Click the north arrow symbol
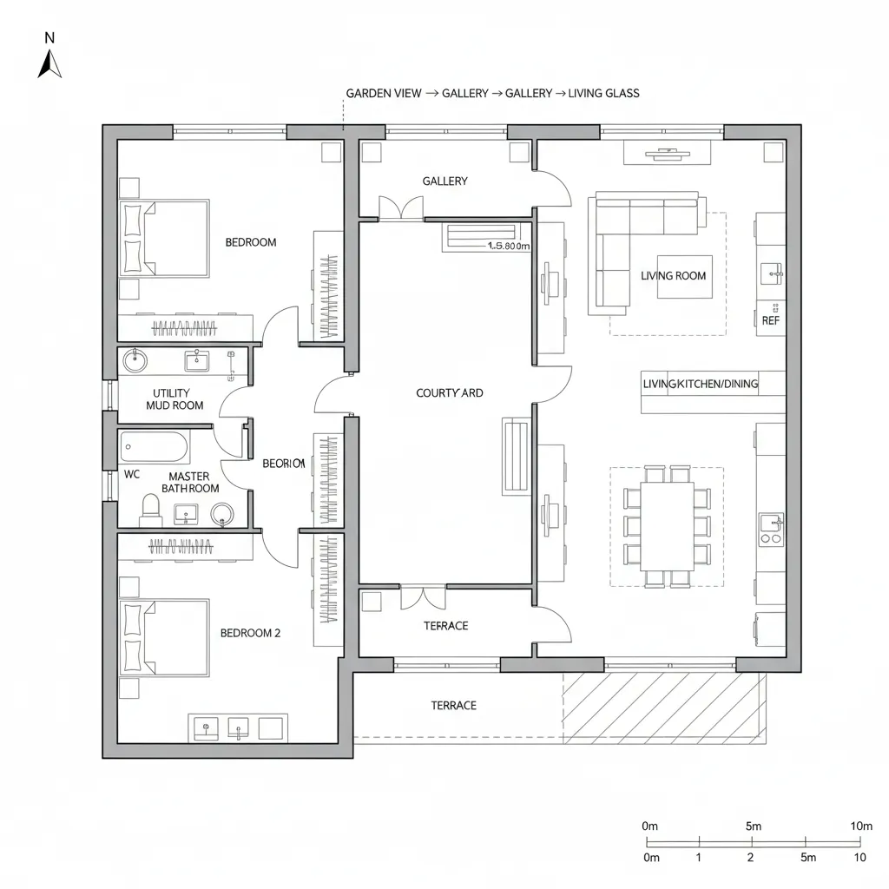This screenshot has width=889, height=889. [49, 63]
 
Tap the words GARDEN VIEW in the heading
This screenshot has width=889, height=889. [384, 93]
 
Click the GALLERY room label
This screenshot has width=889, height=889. [444, 181]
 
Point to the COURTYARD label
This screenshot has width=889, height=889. [449, 393]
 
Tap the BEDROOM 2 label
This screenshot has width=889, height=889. [250, 634]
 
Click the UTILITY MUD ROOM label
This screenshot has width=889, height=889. [175, 399]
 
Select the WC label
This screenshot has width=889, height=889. [132, 475]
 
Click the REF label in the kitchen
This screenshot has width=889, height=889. [770, 320]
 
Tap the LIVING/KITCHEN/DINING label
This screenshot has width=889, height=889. [700, 384]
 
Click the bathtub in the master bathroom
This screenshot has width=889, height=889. [153, 447]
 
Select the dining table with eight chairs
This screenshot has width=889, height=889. [667, 526]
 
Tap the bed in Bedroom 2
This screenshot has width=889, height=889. [165, 637]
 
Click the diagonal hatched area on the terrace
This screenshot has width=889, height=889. [664, 708]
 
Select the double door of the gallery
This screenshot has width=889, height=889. [401, 208]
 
